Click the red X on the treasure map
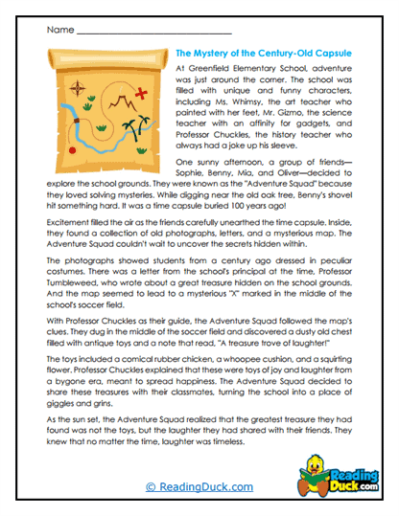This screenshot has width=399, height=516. pos(142,92)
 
